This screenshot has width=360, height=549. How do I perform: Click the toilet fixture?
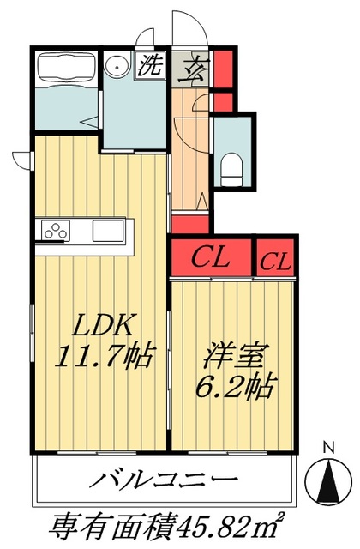point(231,170)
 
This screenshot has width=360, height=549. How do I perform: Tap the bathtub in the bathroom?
point(66,69)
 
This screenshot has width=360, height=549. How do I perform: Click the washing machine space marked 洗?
point(151,65)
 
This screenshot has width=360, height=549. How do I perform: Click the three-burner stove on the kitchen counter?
point(56,230)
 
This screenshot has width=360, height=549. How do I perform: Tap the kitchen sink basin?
point(108,230)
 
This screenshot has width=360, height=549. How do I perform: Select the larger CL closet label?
point(212,258)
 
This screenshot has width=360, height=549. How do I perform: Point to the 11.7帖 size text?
point(104,355)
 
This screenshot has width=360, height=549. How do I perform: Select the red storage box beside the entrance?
point(223,69)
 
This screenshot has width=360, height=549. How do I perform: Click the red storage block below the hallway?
point(190,225)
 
